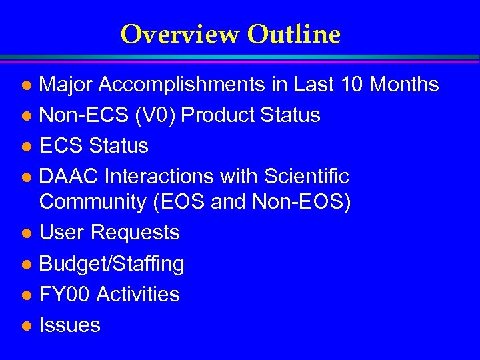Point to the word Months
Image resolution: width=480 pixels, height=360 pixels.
click(x=404, y=85)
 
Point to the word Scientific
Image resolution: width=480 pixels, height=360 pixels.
click(x=307, y=177)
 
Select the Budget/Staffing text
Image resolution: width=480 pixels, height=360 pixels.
click(x=112, y=264)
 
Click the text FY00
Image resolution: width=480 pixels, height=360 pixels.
click(x=65, y=294)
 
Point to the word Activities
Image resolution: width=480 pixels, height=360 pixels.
click(x=138, y=294)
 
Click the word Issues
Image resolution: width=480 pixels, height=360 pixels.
click(x=70, y=325)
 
